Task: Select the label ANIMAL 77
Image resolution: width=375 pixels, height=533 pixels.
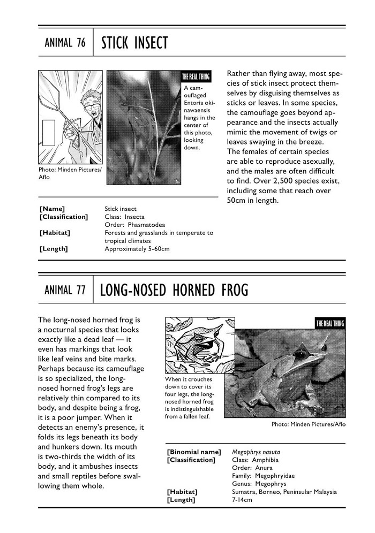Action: click(x=65, y=291)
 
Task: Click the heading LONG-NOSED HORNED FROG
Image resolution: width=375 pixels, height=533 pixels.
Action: click(x=174, y=291)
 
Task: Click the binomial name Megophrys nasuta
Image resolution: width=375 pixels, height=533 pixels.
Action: click(x=256, y=452)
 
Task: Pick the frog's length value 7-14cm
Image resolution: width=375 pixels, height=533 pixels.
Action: click(x=242, y=500)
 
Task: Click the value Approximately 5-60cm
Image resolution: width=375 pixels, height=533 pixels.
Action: click(x=137, y=249)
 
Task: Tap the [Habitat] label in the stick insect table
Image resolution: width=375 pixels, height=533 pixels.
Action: click(x=55, y=233)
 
